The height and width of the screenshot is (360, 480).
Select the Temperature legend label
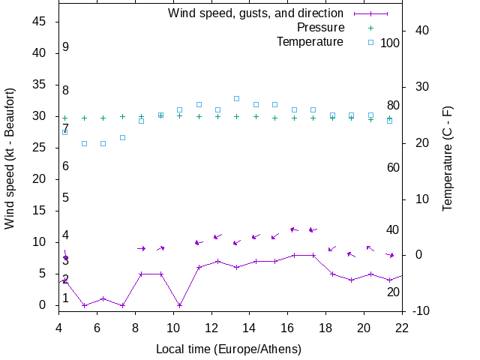[x=310, y=42]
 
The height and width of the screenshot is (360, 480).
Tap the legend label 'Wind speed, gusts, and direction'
[x=256, y=13]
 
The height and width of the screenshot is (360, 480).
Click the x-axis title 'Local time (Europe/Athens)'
[x=229, y=349]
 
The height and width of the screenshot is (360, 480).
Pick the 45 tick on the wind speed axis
[x=41, y=22]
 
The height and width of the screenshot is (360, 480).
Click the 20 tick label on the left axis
[x=41, y=179]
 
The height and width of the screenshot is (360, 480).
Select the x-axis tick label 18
[x=325, y=327]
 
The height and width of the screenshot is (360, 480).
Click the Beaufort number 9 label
[x=66, y=47]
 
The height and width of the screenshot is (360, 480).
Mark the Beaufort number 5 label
[x=66, y=198]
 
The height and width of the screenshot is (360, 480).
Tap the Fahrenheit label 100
[x=390, y=43]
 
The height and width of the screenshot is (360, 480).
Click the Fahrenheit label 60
[x=393, y=167]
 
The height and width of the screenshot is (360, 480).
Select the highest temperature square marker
[x=236, y=98]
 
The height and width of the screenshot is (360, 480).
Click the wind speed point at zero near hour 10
[x=179, y=305]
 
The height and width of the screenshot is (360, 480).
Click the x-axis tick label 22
[x=402, y=327]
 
